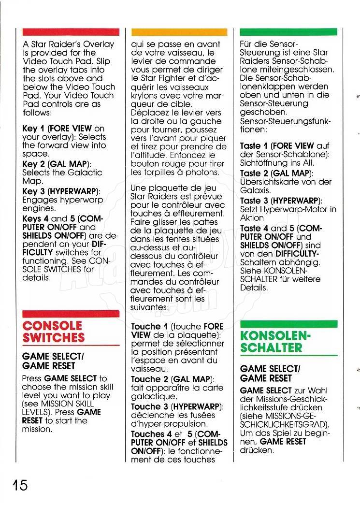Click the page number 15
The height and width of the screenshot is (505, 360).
17,485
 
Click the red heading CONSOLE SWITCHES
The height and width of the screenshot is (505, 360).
53,331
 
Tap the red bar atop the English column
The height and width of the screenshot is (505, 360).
71,32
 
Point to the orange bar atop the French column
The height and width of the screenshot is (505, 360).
179,32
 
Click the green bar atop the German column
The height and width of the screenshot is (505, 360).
288,32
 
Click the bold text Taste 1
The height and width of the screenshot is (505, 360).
254,145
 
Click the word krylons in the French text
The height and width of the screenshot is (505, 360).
144,96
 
